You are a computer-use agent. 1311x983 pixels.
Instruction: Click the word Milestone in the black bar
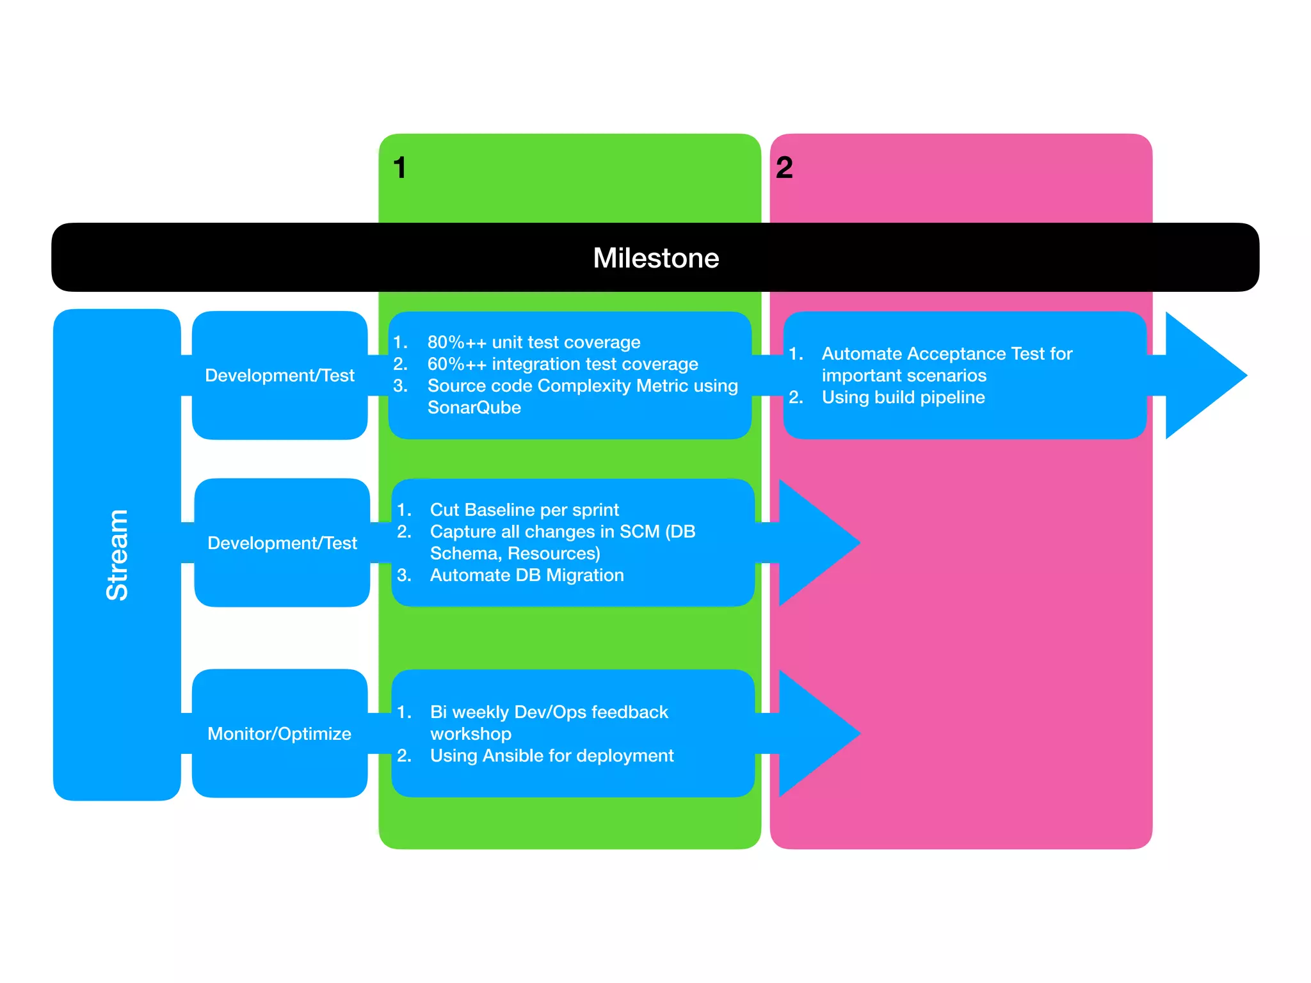click(x=655, y=258)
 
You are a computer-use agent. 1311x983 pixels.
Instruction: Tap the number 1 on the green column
click(x=399, y=168)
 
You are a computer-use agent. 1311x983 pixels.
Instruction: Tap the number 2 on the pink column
click(x=784, y=168)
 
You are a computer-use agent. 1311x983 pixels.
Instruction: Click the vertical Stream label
click(x=117, y=555)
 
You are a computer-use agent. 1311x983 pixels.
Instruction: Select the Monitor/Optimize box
click(x=279, y=733)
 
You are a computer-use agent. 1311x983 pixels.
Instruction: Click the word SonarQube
click(x=474, y=408)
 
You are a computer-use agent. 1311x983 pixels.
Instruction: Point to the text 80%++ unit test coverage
click(x=533, y=342)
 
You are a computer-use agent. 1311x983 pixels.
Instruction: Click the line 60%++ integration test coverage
click(x=562, y=364)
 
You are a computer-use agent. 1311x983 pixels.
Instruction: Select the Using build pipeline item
click(x=903, y=397)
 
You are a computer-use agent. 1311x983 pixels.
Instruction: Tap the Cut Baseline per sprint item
click(x=524, y=510)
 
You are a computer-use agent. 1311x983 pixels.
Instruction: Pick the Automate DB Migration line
click(x=526, y=575)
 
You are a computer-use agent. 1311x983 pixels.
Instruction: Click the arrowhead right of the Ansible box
click(x=816, y=733)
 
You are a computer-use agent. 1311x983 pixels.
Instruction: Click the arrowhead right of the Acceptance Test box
click(x=1202, y=376)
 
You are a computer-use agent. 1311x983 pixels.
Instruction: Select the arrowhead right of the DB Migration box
click(x=816, y=543)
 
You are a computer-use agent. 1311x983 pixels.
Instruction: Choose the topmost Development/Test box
click(x=279, y=376)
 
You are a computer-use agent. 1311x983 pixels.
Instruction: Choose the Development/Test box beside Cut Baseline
click(x=282, y=543)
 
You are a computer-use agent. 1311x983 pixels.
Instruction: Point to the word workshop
click(x=471, y=734)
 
